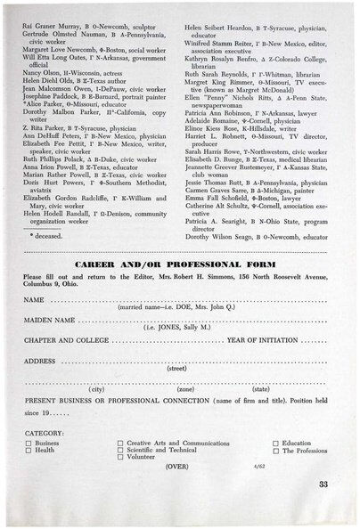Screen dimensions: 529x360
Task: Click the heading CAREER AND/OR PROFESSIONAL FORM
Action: [179, 266]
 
